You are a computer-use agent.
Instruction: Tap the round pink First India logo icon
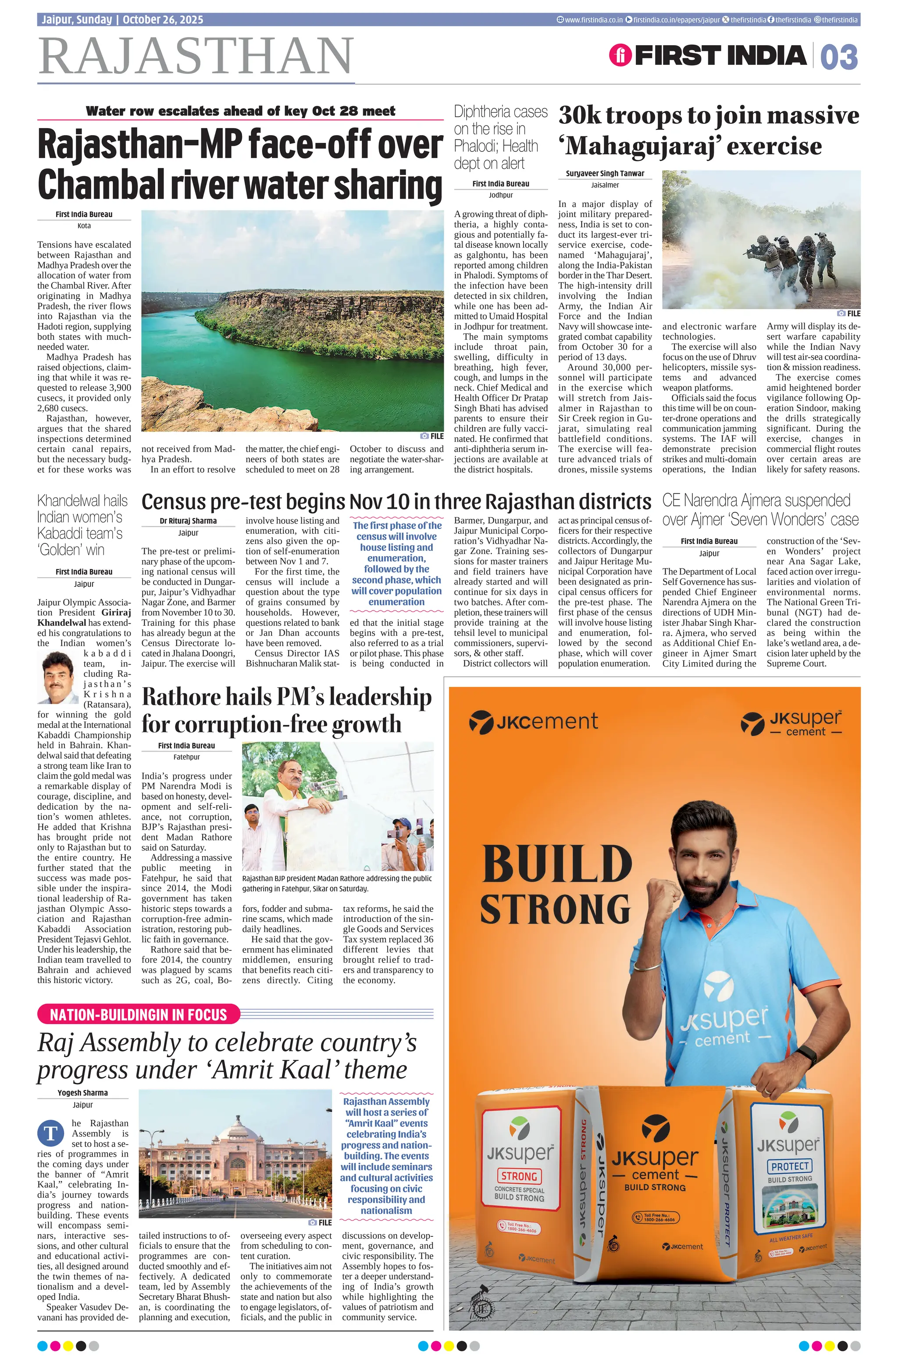tap(620, 56)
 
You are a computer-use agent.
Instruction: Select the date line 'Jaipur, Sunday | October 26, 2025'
tap(122, 19)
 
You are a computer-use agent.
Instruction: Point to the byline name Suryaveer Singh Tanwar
tap(605, 173)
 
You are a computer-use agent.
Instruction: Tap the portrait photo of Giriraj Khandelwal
tap(58, 678)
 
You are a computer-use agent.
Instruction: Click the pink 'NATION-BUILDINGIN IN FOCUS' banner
tap(138, 1014)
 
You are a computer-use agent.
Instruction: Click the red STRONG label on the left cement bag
tap(519, 1175)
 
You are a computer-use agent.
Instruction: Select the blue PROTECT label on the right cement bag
tap(790, 1166)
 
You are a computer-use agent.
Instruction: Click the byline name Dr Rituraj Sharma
tap(188, 521)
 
